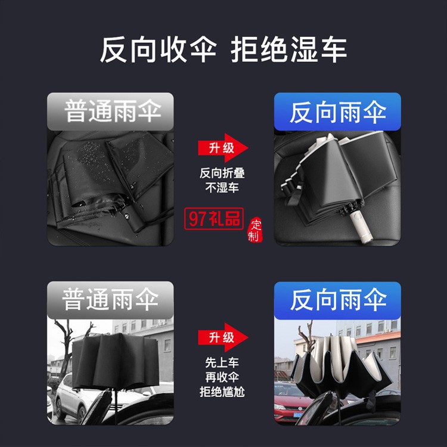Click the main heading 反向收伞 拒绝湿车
(x=223, y=50)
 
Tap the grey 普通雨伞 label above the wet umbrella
(x=110, y=111)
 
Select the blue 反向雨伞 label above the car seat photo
(x=337, y=111)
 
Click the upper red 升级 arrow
(x=223, y=148)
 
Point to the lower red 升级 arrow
(x=223, y=337)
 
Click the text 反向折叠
(x=222, y=173)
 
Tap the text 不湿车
(x=222, y=188)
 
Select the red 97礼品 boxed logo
(x=214, y=219)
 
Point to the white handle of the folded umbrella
(x=361, y=225)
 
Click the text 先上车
(x=222, y=362)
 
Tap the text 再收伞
(x=222, y=377)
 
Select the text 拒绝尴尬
(x=222, y=392)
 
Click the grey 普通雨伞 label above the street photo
(x=110, y=300)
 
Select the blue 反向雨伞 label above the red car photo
(x=337, y=300)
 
